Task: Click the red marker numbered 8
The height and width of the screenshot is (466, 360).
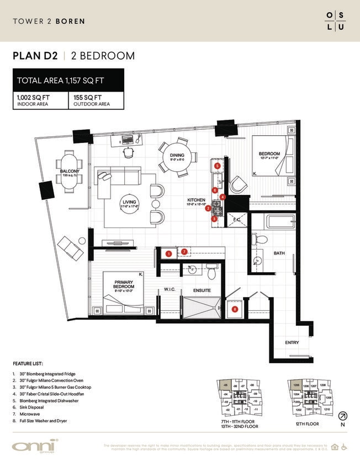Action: tap(235, 309)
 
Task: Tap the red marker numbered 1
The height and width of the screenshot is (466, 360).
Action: tap(168, 253)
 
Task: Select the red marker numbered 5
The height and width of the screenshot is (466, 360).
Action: tap(218, 166)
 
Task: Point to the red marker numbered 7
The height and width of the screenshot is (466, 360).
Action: tap(184, 252)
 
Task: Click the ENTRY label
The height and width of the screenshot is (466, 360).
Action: tap(292, 343)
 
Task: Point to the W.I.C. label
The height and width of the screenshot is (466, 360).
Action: tap(170, 289)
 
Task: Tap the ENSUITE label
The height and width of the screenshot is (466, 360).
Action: tap(202, 289)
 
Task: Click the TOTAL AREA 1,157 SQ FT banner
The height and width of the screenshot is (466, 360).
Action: tap(68, 80)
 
